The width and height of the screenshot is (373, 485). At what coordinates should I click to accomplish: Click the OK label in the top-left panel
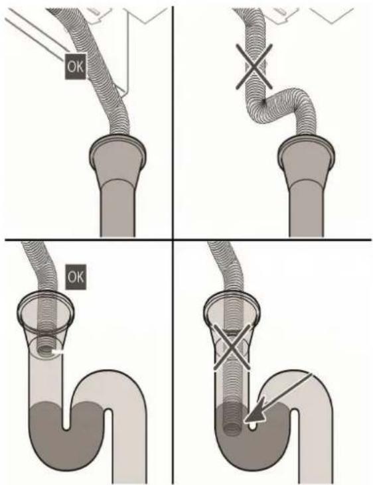pyautogui.click(x=75, y=66)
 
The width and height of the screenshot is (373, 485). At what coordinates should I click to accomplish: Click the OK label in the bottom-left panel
pyautogui.click(x=76, y=277)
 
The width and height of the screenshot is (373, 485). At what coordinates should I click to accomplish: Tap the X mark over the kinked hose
pyautogui.click(x=254, y=66)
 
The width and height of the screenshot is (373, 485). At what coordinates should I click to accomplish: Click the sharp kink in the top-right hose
pyautogui.click(x=263, y=102)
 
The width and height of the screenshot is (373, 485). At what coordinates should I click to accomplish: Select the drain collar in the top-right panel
pyautogui.click(x=306, y=151)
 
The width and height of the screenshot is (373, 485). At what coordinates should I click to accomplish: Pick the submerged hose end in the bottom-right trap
pyautogui.click(x=232, y=421)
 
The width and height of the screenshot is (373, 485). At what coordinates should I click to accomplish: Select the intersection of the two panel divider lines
pyautogui.click(x=173, y=240)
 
